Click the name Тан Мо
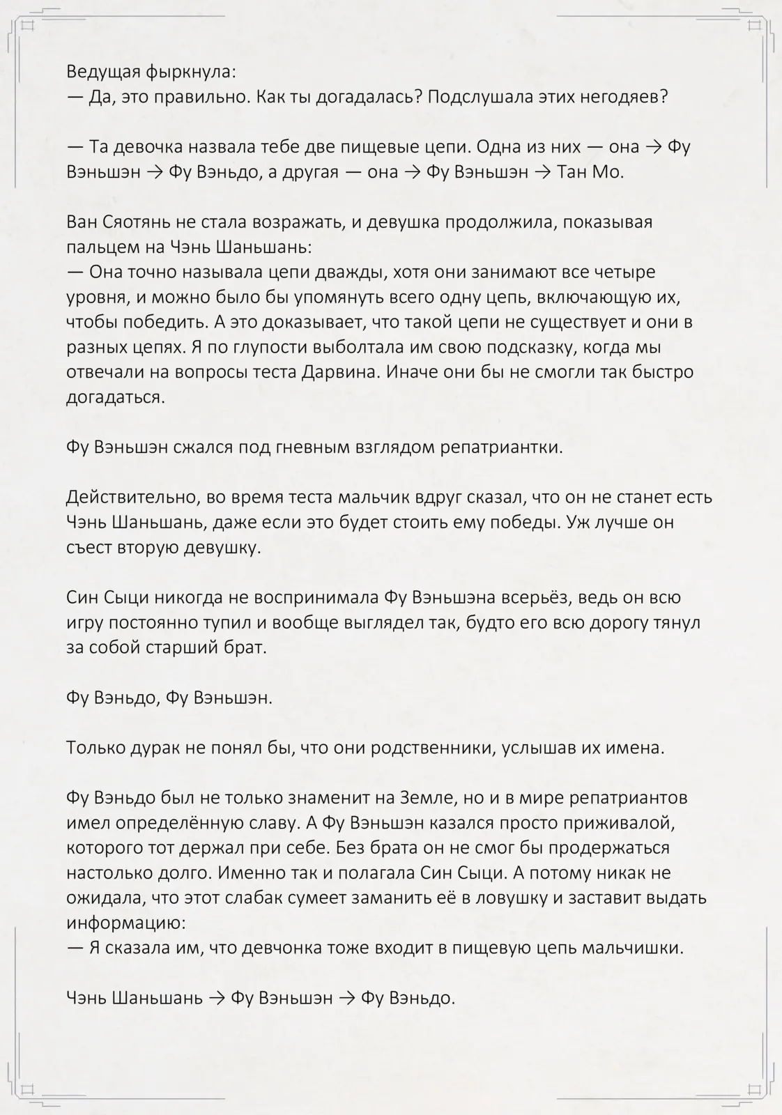click(x=590, y=172)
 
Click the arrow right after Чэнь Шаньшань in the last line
click(x=217, y=998)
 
